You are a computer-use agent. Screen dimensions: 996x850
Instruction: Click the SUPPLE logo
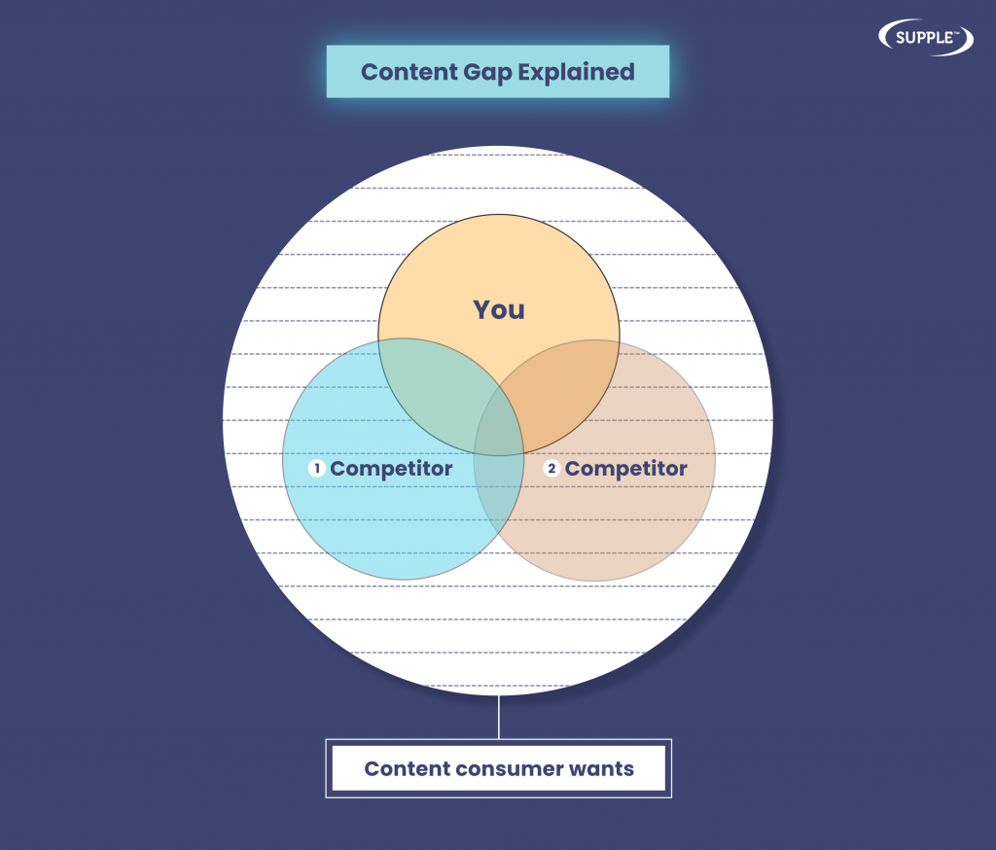(926, 38)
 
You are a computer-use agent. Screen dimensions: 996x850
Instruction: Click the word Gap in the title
(487, 73)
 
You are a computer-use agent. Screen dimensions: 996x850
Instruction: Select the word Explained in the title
(576, 72)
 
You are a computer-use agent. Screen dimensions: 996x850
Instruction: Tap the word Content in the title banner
(409, 72)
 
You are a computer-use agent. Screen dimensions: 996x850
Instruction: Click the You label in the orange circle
(499, 310)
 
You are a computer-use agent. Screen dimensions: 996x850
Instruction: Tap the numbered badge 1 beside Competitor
(316, 468)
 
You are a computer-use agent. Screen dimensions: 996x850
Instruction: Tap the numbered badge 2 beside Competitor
(551, 468)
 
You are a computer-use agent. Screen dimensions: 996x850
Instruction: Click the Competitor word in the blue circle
(391, 469)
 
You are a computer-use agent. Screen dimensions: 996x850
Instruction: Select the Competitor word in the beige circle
(626, 469)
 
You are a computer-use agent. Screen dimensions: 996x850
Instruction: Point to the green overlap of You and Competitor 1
(439, 387)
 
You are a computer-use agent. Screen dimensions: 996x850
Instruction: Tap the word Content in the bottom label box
(407, 768)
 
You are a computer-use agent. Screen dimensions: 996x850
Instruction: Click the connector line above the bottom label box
(499, 717)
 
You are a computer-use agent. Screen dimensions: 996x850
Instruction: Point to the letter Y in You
(482, 310)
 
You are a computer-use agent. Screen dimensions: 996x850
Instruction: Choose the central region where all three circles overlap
(499, 422)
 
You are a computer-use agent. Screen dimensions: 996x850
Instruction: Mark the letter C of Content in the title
(370, 72)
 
